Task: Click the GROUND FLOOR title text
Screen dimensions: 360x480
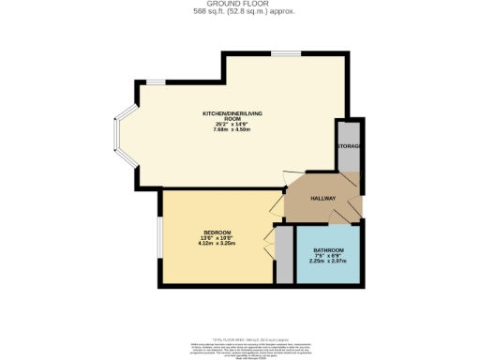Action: click(x=239, y=4)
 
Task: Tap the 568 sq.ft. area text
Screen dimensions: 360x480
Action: click(x=239, y=11)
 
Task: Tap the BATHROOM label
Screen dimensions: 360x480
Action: click(x=327, y=250)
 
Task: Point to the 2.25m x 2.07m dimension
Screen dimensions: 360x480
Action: click(x=327, y=262)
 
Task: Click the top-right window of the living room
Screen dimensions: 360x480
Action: click(x=286, y=54)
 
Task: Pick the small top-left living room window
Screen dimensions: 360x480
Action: click(x=153, y=82)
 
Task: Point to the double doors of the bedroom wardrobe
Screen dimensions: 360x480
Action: click(x=271, y=253)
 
